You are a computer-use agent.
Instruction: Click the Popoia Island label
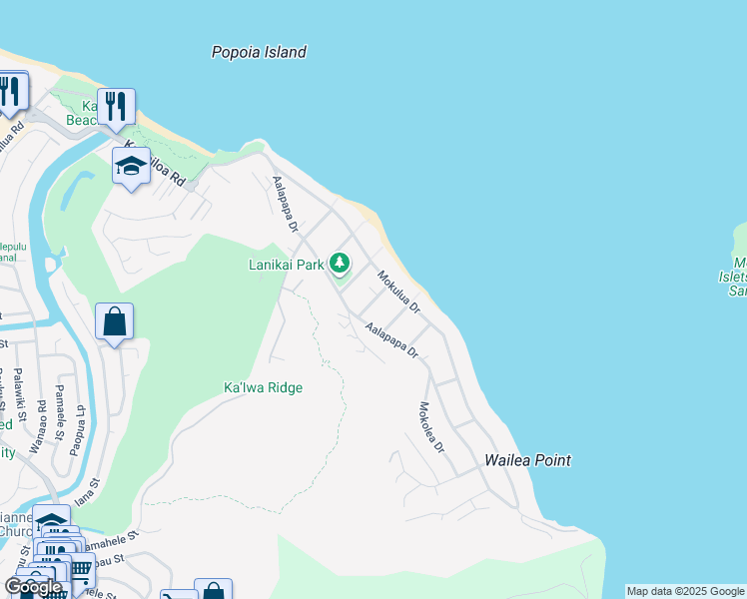[259, 52]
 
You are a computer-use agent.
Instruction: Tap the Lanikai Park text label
[287, 265]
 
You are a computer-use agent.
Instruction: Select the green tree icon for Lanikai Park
[341, 264]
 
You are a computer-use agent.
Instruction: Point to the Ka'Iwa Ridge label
[263, 387]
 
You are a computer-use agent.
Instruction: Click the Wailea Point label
[527, 460]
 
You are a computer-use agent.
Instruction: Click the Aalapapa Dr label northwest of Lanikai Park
[286, 205]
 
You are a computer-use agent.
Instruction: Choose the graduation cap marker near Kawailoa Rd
[131, 166]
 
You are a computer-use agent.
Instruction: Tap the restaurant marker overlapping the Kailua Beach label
[116, 107]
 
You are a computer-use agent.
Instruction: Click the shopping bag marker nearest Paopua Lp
[115, 321]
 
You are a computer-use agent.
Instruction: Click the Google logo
[33, 586]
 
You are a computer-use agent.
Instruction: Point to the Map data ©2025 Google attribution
[685, 591]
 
